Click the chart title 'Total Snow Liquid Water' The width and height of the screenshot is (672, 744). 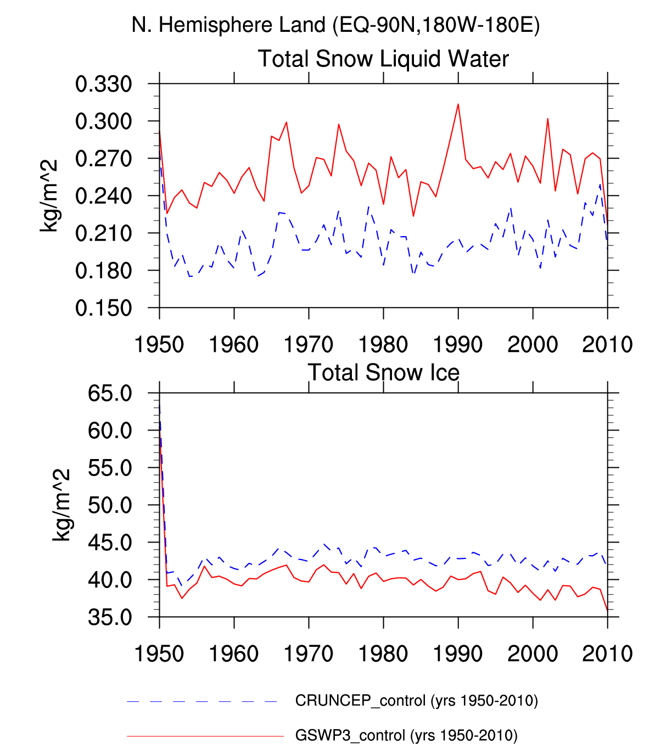383,59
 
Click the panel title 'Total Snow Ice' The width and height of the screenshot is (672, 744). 383,372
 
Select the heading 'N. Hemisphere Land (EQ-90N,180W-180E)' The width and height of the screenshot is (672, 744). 335,25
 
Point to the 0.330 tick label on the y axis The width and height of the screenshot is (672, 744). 104,84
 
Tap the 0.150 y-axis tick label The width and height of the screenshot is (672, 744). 104,308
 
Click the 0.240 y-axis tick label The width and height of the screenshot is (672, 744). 104,196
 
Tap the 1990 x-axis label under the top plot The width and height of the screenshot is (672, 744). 458,345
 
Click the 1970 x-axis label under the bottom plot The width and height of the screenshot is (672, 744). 309,654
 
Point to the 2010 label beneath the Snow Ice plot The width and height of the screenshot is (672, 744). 607,654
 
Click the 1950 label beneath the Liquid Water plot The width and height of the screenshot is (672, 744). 159,345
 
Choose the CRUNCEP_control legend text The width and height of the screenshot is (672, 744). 416,701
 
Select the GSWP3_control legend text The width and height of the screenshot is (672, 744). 406,735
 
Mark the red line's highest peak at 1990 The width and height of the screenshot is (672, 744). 458,104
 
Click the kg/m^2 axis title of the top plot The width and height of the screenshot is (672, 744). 49,196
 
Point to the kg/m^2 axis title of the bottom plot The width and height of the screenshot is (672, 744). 61,505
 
